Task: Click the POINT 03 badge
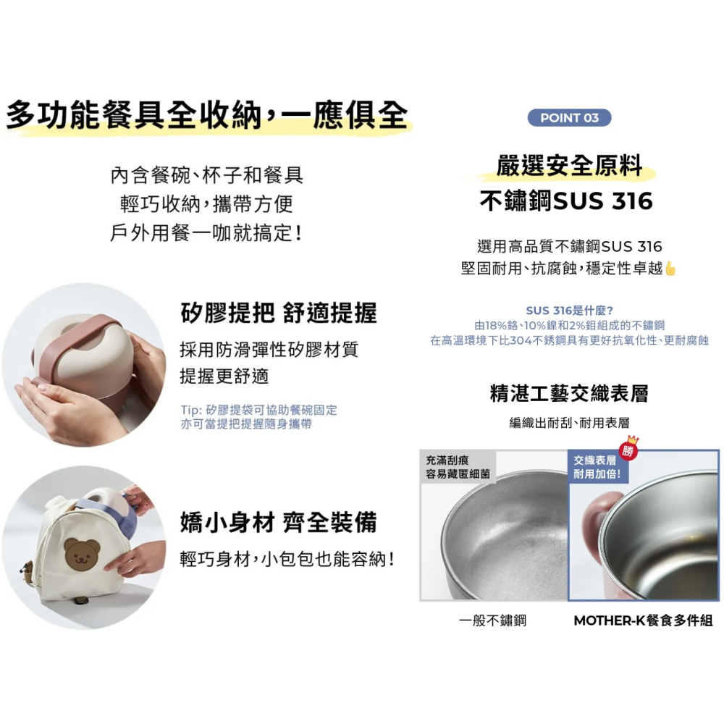point(570,118)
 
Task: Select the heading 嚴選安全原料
point(570,166)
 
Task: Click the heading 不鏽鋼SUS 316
point(567,201)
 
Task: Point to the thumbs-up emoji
point(670,269)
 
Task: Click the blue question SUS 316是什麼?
point(570,311)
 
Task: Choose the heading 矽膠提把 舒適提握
point(279,313)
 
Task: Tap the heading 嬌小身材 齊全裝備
point(279,523)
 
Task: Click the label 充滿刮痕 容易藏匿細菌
point(458,468)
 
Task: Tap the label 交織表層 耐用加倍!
point(597,468)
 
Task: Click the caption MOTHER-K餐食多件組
point(643,620)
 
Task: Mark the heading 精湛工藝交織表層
point(569,394)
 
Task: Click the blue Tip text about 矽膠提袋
point(258,417)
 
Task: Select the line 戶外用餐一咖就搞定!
point(206,234)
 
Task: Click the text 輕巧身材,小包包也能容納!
point(287,559)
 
